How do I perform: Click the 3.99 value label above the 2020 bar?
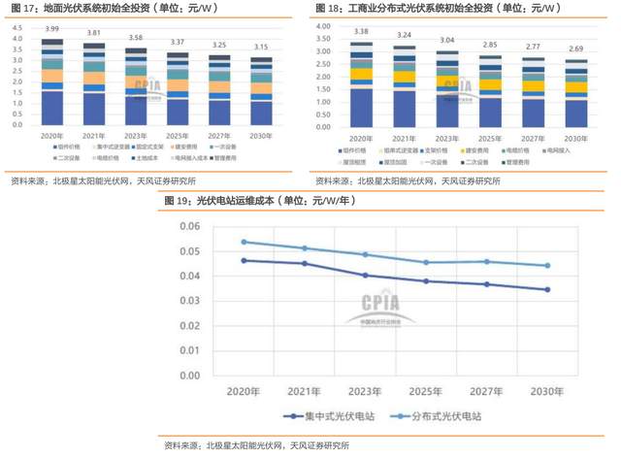pos(52,30)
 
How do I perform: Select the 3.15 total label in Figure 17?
pos(261,47)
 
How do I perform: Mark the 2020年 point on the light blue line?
pos(244,242)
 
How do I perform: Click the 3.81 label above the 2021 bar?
pos(94,33)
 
